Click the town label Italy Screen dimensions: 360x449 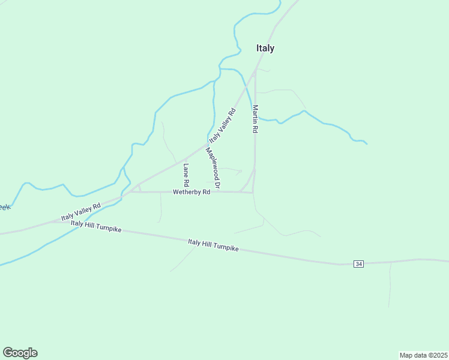(265, 49)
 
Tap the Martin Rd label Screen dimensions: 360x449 (255, 119)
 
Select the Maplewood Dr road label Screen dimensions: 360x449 (213, 169)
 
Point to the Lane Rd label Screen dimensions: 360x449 (186, 174)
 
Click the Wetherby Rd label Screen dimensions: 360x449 (191, 192)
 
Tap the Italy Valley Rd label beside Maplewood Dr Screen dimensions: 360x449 (223, 125)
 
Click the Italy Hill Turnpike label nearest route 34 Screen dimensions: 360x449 (213, 245)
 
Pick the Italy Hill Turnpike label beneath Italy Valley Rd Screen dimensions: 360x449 (96, 227)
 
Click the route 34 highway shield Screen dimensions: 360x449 (358, 264)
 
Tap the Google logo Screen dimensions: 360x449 (20, 353)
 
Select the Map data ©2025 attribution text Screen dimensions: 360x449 (423, 355)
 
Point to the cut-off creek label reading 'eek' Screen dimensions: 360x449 (4, 207)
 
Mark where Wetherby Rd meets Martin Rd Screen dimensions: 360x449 (253, 193)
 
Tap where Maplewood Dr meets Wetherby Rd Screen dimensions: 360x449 (218, 192)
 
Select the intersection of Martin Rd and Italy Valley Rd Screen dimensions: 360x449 (255, 71)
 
